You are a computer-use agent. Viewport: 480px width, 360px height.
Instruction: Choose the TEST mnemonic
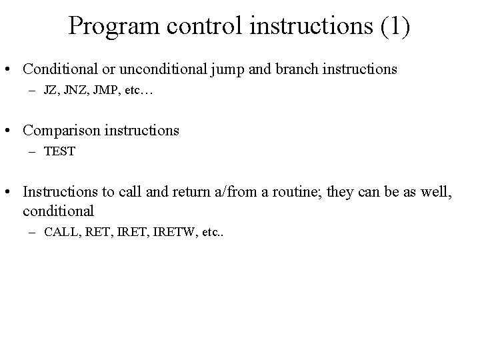click(x=59, y=151)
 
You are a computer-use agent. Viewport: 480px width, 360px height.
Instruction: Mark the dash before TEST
click(x=34, y=151)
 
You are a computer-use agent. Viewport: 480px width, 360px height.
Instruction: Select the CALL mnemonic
click(x=61, y=233)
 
